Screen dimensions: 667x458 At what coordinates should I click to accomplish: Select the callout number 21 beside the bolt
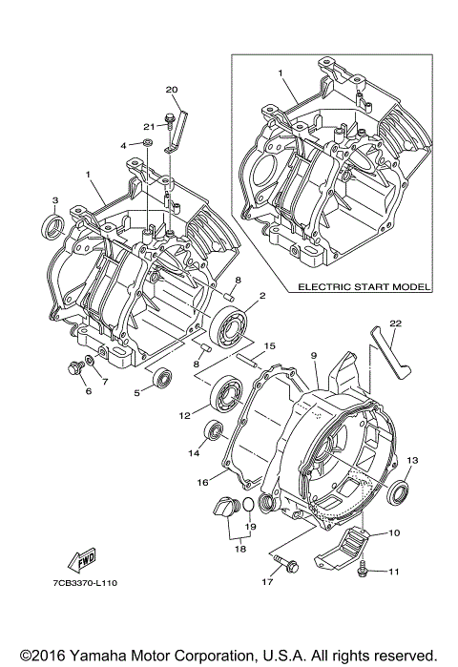(x=149, y=126)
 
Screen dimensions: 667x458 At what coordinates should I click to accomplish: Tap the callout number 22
(x=396, y=323)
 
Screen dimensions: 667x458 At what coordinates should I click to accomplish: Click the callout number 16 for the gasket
(x=201, y=482)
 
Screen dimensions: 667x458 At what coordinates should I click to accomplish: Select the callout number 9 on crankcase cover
(x=312, y=356)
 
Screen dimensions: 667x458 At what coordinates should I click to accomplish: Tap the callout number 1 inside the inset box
(x=281, y=73)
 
